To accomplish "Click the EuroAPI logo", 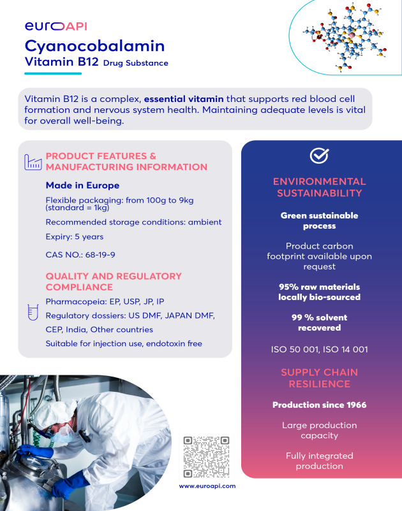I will [56, 26].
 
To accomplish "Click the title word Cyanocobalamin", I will [94, 46].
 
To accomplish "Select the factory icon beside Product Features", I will [31, 162].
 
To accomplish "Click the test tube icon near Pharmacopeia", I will [31, 312].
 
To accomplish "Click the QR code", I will [206, 456].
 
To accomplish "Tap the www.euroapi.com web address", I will [207, 486].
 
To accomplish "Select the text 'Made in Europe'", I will [82, 185].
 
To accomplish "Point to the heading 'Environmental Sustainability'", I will [319, 187].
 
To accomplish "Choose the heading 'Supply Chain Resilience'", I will [319, 378].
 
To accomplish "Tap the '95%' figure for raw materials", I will [290, 286].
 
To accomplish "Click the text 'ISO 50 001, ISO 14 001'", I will [319, 349].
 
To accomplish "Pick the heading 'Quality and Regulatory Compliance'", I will [114, 282].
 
